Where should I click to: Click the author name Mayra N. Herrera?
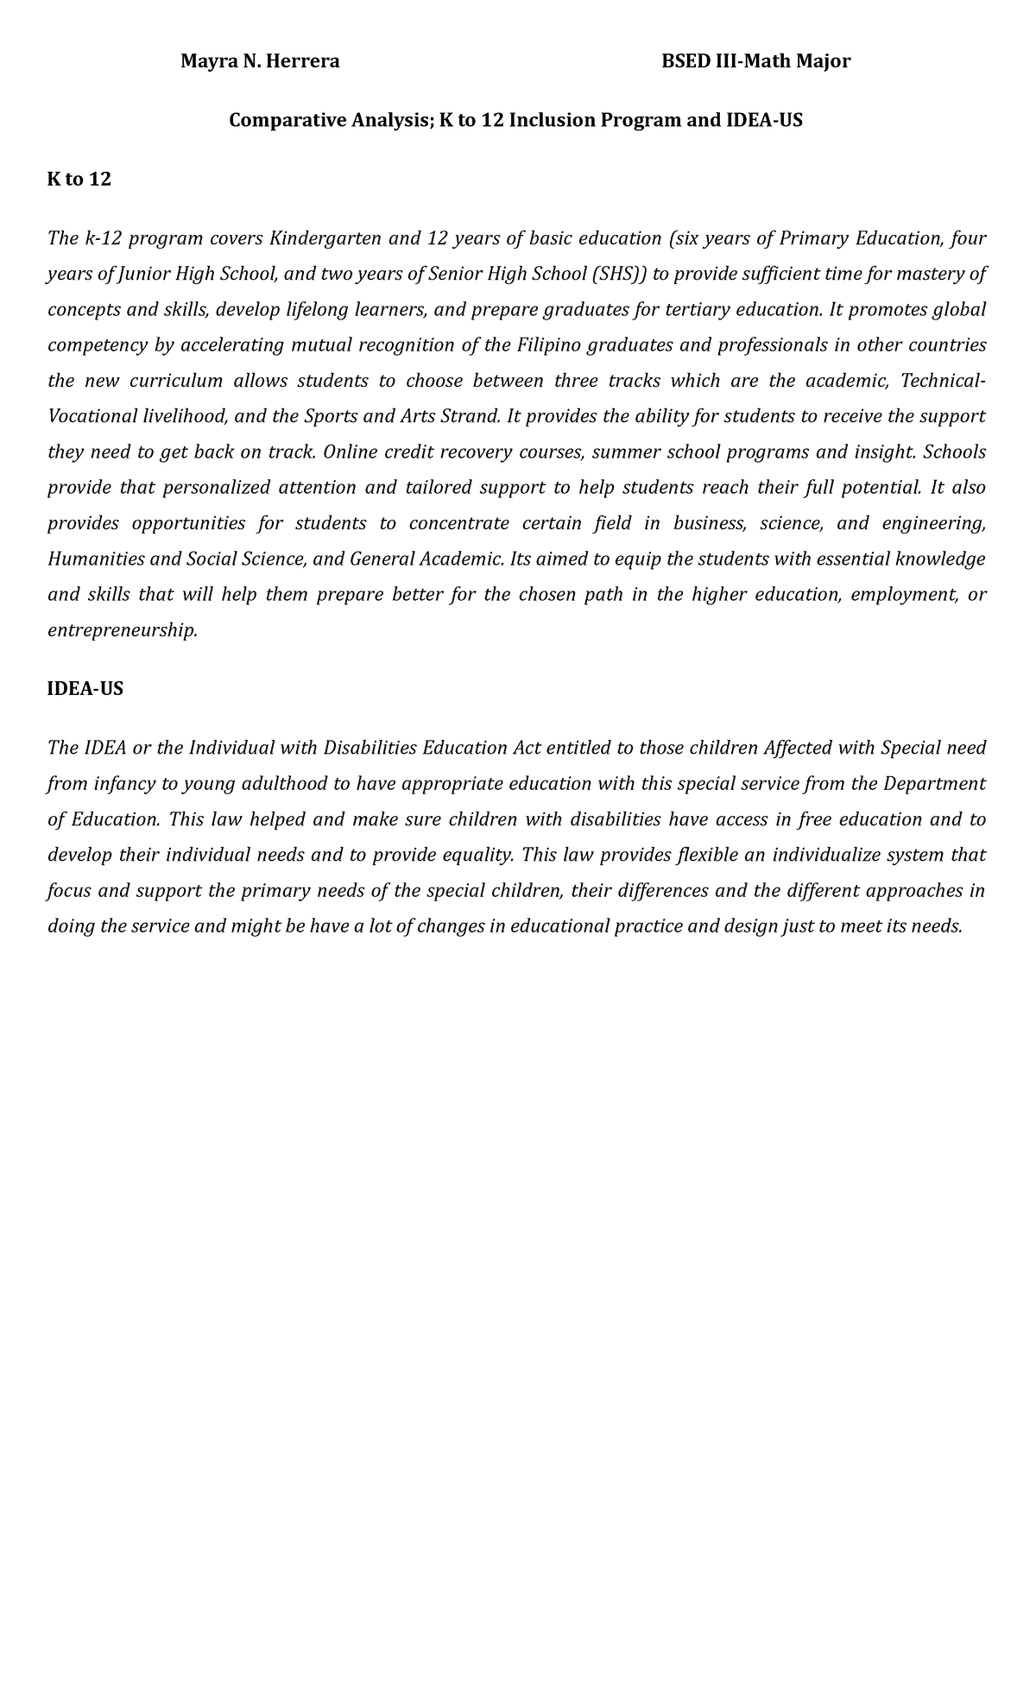(x=259, y=61)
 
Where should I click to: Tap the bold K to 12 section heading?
(x=79, y=180)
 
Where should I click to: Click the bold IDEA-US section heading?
(x=85, y=689)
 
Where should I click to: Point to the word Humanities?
(x=96, y=559)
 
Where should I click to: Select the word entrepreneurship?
(x=122, y=630)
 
